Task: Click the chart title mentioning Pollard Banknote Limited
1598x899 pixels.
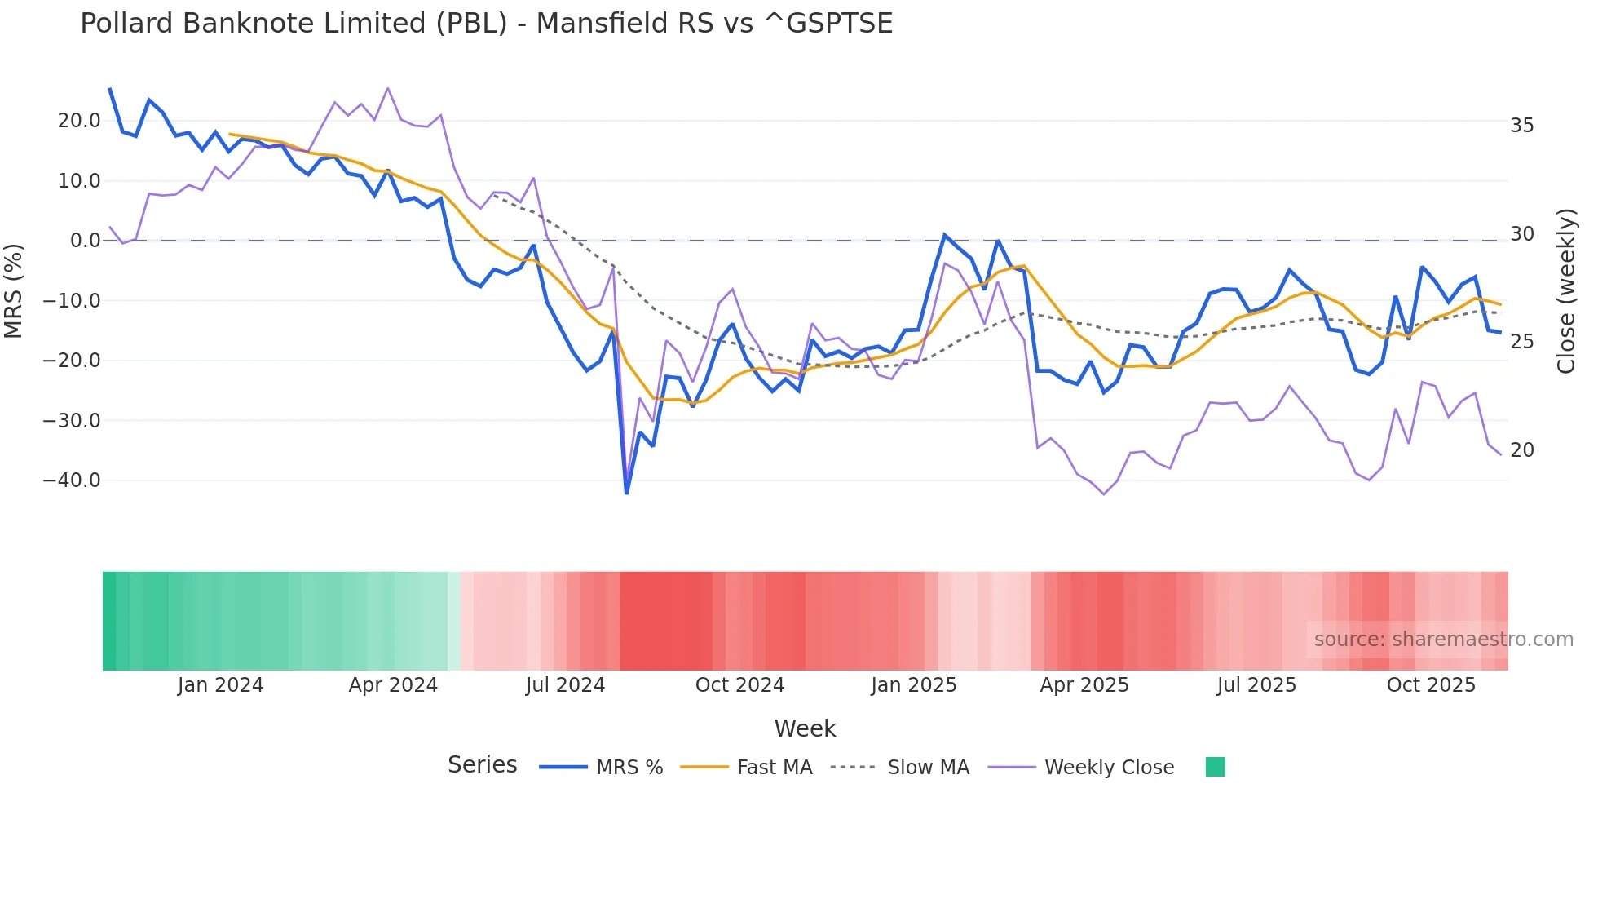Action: pos(486,24)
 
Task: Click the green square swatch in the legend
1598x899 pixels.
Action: pos(1215,767)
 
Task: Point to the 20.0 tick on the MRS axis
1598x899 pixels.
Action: pos(79,121)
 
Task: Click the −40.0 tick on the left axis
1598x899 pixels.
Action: pos(72,480)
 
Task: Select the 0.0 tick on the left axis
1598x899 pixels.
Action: pos(85,241)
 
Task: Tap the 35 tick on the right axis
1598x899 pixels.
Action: pos(1521,126)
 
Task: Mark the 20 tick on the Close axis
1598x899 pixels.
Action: pos(1521,450)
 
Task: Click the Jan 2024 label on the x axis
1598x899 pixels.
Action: pos(220,685)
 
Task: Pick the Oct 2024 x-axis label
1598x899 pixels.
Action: pos(739,685)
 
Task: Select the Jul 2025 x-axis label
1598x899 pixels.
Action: pos(1256,685)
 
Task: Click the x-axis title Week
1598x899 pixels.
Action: pos(805,728)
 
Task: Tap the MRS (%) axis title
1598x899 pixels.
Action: pos(13,291)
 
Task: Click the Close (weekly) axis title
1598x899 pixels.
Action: pos(1566,291)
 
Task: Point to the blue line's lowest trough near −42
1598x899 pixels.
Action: pos(626,493)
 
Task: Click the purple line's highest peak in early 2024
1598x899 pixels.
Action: pos(387,88)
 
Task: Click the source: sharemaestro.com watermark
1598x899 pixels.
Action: pos(1443,640)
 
